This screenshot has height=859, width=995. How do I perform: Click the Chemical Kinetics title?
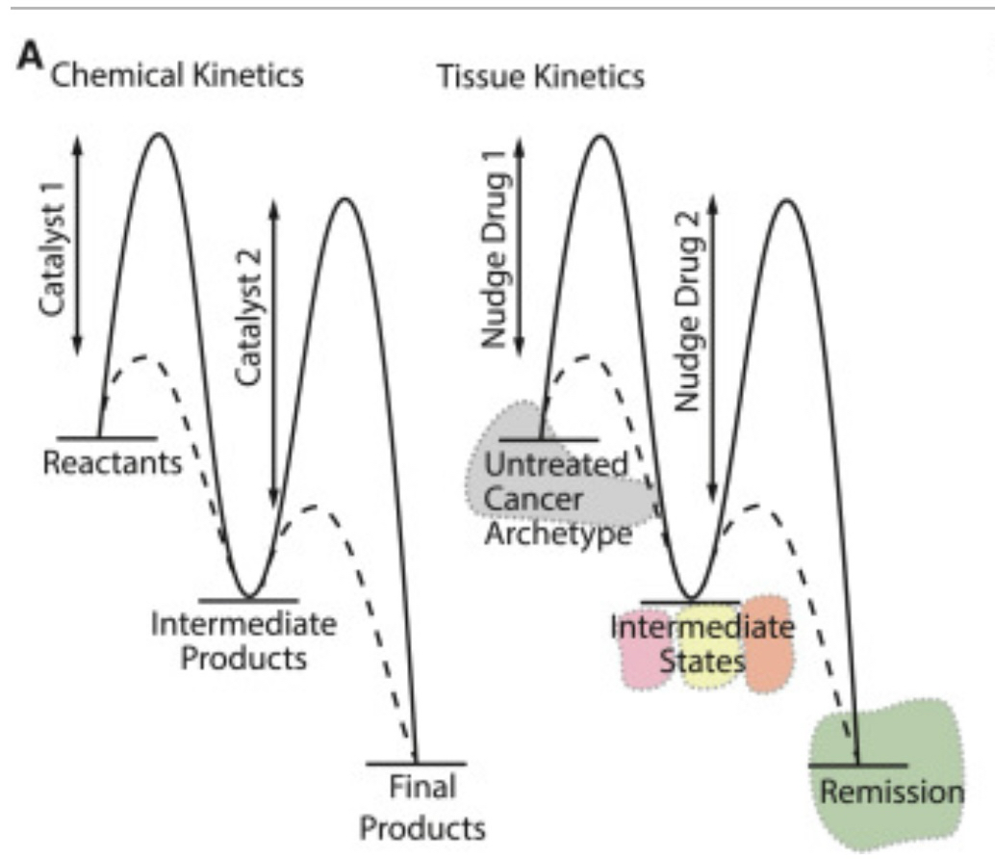[x=176, y=76]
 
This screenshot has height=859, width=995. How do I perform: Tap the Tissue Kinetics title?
[x=541, y=76]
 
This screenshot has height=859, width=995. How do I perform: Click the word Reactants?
[x=113, y=463]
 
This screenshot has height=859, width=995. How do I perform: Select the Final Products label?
[x=423, y=807]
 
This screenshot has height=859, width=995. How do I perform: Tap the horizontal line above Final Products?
[x=416, y=764]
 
